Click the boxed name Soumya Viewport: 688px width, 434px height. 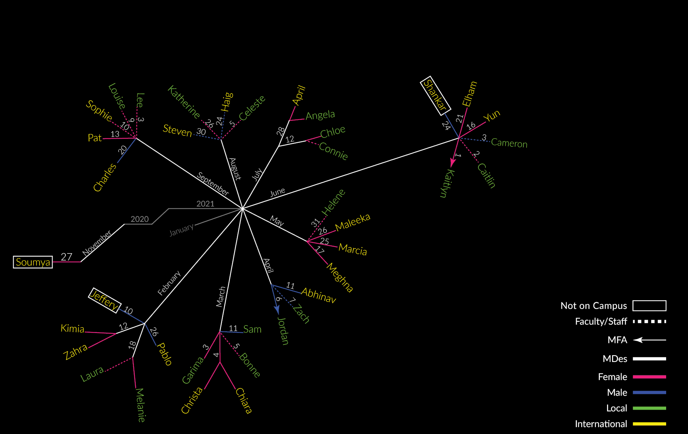point(33,262)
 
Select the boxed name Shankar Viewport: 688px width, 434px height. point(435,96)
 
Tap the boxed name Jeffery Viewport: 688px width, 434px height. point(104,300)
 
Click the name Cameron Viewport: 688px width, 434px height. point(509,143)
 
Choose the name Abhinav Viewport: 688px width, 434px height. point(319,295)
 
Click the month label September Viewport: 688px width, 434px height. point(213,184)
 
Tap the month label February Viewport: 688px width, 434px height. point(169,283)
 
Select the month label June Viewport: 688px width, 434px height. point(278,192)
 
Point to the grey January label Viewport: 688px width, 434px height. point(181,230)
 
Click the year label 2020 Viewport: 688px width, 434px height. point(139,219)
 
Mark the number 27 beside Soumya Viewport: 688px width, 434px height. point(66,257)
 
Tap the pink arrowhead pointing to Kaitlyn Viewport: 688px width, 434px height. point(453,163)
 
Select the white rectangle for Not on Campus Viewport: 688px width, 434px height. point(649,306)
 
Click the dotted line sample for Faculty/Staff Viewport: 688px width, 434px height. point(649,322)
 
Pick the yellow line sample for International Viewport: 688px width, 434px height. point(649,424)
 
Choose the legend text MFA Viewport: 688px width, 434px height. point(617,340)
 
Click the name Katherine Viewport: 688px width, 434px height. point(184,102)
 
